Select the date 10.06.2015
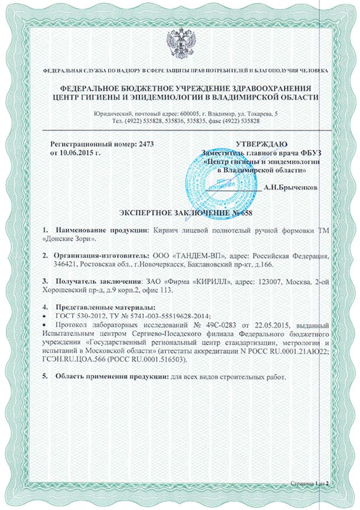[70, 152]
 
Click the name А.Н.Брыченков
[291, 188]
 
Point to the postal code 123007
[259, 282]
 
